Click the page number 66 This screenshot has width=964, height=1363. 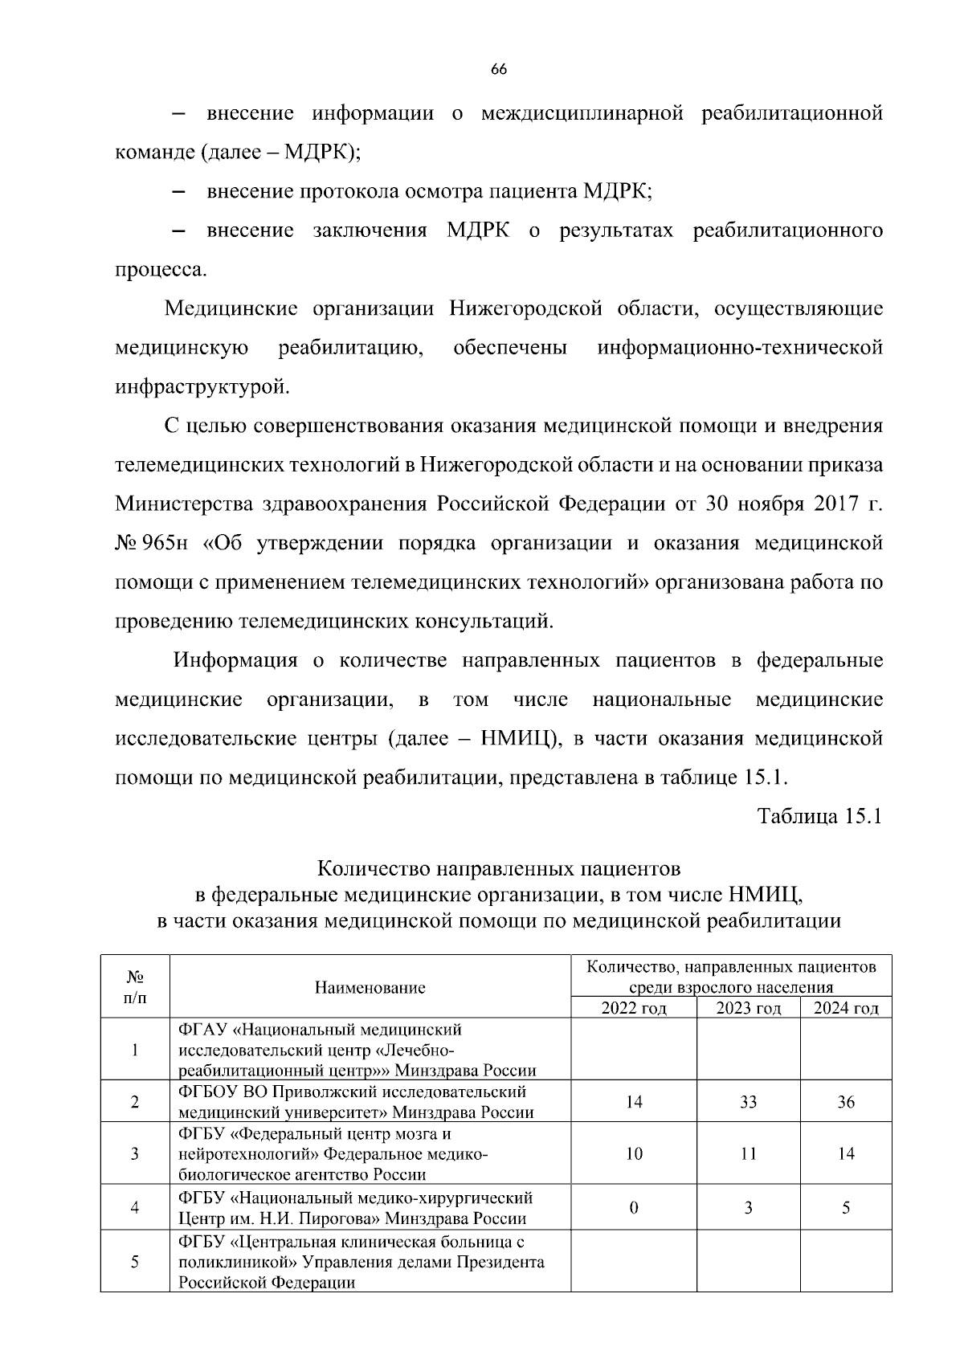(x=498, y=70)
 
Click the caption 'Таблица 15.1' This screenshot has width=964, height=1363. (x=820, y=817)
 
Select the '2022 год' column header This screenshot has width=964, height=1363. (x=633, y=1008)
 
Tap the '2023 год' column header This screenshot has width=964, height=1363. (x=748, y=1008)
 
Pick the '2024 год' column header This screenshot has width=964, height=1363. (x=846, y=1008)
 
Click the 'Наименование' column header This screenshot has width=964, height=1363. (x=370, y=987)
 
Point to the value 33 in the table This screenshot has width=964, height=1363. (x=748, y=1102)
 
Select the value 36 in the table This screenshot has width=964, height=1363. (x=846, y=1102)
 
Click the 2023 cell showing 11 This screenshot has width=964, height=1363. (x=748, y=1154)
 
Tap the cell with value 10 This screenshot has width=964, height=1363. (x=634, y=1154)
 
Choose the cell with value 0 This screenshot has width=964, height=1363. (x=634, y=1208)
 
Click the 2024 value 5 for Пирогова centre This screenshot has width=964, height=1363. (x=846, y=1208)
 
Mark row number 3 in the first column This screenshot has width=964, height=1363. (x=134, y=1154)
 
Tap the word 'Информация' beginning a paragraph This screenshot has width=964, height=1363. (x=235, y=661)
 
